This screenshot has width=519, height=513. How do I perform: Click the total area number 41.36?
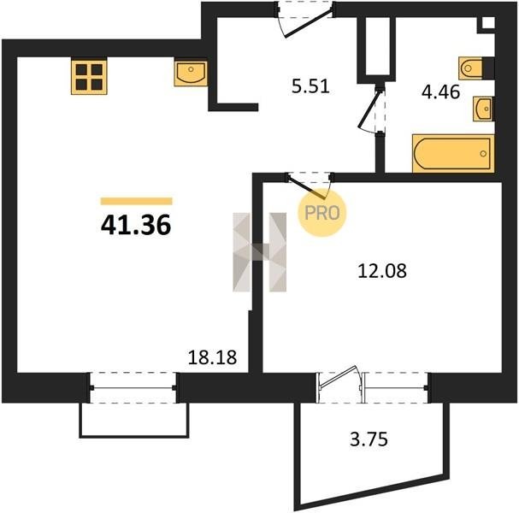coord(136,224)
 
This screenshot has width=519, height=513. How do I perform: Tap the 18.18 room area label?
coord(212,357)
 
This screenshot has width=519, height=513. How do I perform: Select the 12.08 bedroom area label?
coord(382,271)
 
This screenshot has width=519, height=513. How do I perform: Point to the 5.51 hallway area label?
coord(310,86)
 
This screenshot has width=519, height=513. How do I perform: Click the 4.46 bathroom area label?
coord(440,91)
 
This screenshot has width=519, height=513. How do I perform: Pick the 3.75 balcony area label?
coord(369,439)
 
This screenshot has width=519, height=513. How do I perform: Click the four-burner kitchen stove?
coord(89,77)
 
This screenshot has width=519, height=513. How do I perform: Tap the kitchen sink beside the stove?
coord(191,74)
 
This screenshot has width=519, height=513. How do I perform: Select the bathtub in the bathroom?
coord(453,154)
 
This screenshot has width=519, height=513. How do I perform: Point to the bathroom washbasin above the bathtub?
coord(483,109)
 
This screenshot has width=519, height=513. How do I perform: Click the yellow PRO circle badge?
coord(322,213)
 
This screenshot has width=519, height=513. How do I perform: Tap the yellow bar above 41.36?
coord(136,201)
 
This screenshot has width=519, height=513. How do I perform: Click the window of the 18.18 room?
coord(133,388)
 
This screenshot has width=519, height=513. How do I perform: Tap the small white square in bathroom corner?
coord(488,23)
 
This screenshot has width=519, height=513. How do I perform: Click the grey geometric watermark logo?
coord(260,252)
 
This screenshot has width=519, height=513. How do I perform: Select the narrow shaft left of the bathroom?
coord(377,46)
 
